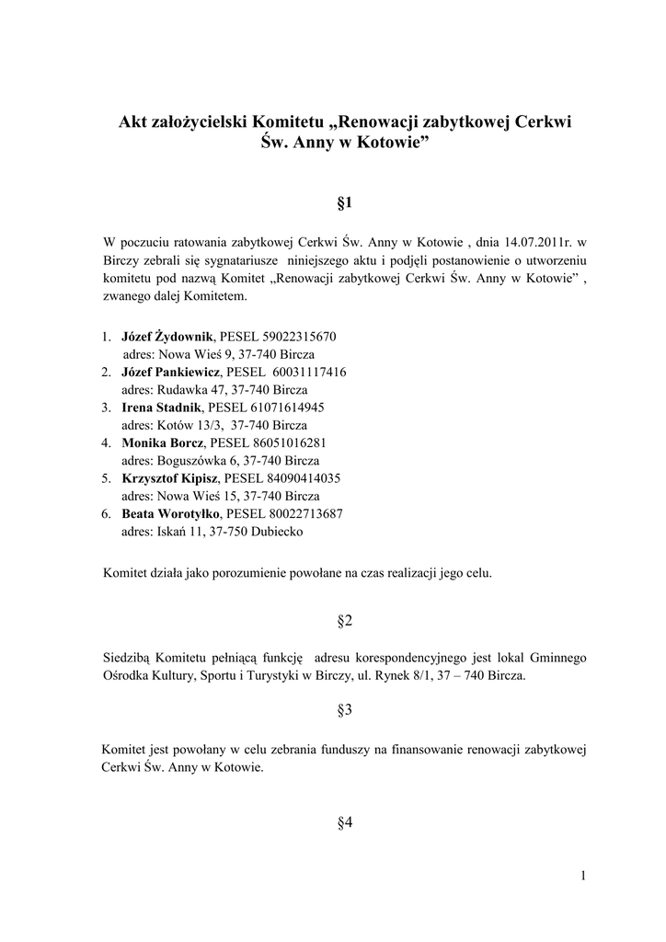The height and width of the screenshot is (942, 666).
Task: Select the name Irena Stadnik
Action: click(161, 407)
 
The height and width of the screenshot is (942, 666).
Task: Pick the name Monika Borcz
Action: click(162, 442)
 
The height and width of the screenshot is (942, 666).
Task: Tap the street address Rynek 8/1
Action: click(408, 675)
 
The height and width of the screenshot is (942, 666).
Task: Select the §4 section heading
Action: click(345, 822)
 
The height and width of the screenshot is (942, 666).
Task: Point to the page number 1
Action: click(583, 875)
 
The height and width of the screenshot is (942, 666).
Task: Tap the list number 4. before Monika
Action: click(107, 442)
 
